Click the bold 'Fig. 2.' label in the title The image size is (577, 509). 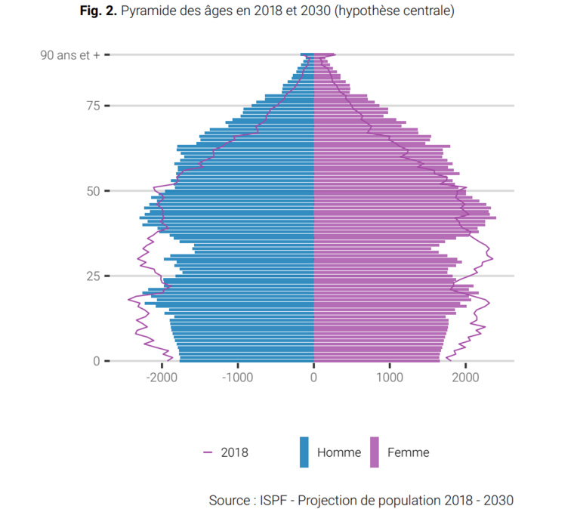[x=97, y=12]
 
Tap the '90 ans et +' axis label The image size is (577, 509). [x=69, y=55]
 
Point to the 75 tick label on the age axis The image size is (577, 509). [x=93, y=106]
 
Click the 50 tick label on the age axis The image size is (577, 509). [x=93, y=191]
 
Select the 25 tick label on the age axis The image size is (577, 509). [x=93, y=276]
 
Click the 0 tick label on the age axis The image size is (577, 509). [x=96, y=361]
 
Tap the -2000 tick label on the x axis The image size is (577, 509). [x=160, y=377]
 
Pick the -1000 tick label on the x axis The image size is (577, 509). [x=236, y=377]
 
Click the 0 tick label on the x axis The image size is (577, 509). [x=313, y=377]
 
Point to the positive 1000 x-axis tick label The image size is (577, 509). [x=390, y=377]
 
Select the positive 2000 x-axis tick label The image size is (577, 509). [x=466, y=377]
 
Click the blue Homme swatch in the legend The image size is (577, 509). [x=304, y=452]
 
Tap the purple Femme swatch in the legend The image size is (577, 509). [x=374, y=452]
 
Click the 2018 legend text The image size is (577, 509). [x=234, y=453]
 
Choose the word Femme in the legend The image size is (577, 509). [x=408, y=453]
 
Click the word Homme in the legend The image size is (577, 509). [x=339, y=453]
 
